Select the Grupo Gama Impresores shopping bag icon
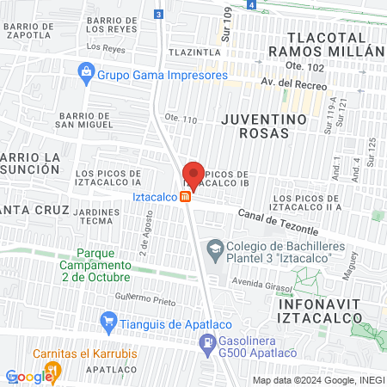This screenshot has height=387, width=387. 85,73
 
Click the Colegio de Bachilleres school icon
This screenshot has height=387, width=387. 214,249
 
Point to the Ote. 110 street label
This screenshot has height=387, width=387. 181,118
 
